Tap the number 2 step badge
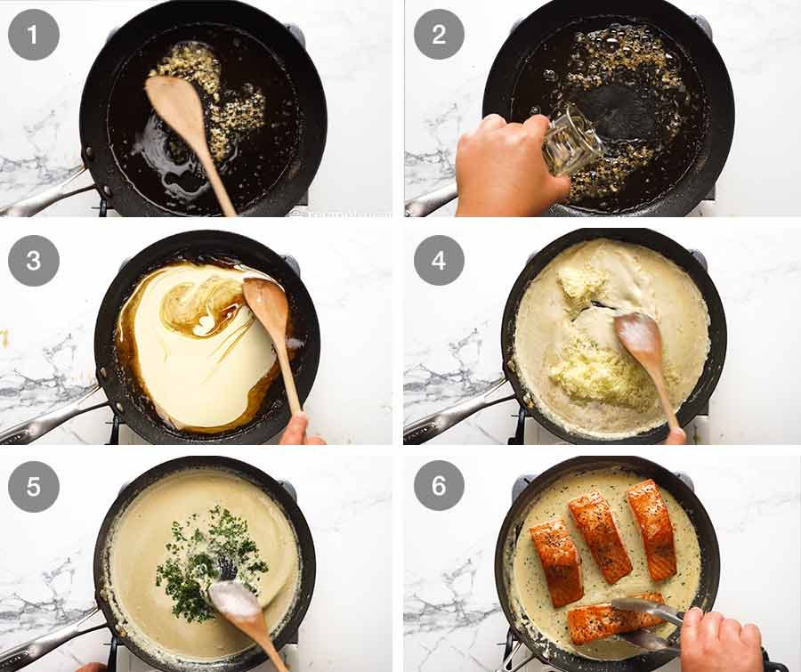[x=439, y=34]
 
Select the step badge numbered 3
[x=34, y=261]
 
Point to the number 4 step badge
[x=439, y=261]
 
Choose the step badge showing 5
[x=34, y=485]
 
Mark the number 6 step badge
[x=439, y=485]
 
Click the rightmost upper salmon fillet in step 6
[x=652, y=528]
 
